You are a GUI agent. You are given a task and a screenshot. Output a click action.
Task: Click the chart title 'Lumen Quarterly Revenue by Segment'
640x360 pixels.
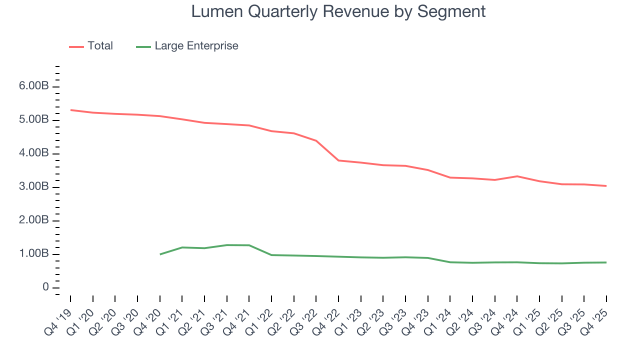338,11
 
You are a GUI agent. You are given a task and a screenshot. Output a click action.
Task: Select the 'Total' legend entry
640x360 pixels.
100,46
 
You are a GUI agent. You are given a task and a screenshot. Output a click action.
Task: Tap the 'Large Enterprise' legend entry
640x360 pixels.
196,46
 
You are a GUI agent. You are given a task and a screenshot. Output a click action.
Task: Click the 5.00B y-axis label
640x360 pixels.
34,120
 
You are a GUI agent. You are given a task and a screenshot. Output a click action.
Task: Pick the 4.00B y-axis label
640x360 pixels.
34,153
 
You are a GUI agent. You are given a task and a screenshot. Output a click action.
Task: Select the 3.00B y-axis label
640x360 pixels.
34,187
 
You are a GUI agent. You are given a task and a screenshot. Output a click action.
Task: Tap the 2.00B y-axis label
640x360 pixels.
34,220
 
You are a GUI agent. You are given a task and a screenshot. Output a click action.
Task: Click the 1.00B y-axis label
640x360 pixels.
34,254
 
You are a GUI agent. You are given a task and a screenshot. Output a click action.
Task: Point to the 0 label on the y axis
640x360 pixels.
45,287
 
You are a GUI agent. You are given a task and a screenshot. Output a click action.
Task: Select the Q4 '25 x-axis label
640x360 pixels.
597,315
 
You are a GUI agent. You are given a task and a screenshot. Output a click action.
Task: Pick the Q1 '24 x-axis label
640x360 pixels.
440,315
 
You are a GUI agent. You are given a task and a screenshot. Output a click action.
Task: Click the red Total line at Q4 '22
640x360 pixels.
338,160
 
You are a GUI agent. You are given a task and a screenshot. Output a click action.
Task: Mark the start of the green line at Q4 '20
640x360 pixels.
160,254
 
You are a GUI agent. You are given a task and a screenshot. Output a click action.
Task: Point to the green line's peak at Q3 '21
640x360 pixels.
227,245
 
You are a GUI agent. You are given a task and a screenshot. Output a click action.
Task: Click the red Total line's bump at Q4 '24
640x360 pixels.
517,176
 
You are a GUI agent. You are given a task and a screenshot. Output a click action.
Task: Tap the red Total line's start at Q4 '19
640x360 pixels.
70,110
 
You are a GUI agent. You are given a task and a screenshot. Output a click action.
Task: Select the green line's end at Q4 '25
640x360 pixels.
606,262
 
